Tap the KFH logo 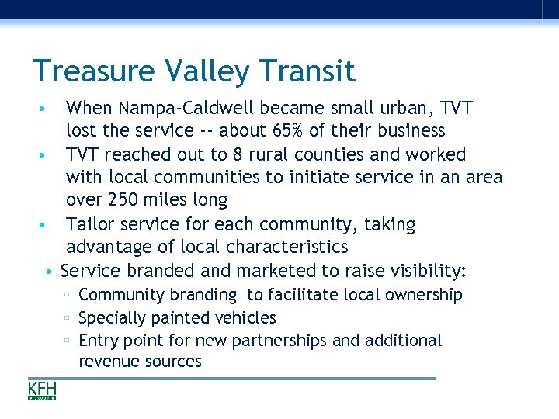pos(42,390)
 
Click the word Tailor pos(89,224)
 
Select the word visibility pos(425,271)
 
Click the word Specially pos(111,318)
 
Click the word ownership pos(425,295)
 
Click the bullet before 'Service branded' pos(49,272)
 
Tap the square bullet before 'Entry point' pos(68,341)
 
